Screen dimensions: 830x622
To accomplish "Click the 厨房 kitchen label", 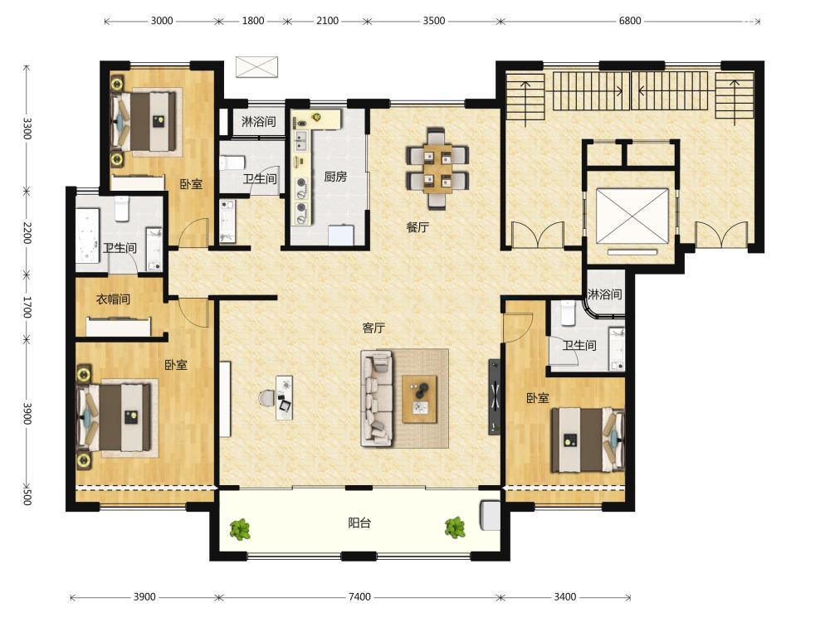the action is (x=335, y=177).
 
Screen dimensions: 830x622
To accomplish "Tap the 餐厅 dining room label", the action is (x=417, y=227).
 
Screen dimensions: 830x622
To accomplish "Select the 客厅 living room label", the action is (x=373, y=328).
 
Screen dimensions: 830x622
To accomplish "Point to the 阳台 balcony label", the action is (x=359, y=523).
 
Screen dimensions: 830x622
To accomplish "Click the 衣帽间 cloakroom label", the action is (x=113, y=299).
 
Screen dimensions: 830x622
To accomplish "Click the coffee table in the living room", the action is (x=420, y=400).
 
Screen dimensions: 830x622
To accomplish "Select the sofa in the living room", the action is (x=377, y=398).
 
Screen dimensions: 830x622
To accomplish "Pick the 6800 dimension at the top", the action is (x=630, y=21).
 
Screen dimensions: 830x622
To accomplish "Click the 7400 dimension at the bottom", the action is (x=359, y=596).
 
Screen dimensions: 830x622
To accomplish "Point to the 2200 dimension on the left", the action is (x=27, y=233).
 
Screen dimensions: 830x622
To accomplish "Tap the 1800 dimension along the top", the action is (x=253, y=21).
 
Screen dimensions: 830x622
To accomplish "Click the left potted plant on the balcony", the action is (x=241, y=529).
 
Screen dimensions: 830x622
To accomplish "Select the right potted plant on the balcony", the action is (x=455, y=527).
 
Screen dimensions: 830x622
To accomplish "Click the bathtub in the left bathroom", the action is (x=87, y=236).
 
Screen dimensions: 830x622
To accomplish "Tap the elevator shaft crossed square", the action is (x=632, y=216).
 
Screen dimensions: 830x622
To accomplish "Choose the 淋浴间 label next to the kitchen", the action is (x=259, y=122).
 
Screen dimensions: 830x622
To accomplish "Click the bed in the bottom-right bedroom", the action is (x=588, y=439).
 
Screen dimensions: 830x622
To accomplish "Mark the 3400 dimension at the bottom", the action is (x=564, y=596).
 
